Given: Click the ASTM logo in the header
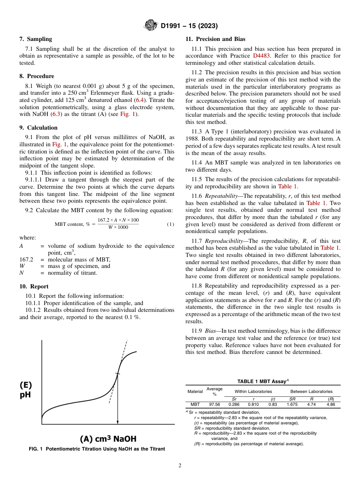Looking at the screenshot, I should pyautogui.click(x=151, y=26).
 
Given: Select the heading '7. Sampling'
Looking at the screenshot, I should pyautogui.click(x=36, y=39).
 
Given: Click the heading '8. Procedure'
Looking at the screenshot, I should pyautogui.click(x=36, y=76).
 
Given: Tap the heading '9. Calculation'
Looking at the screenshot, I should pyautogui.click(x=38, y=128).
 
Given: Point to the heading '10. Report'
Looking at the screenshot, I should pyautogui.click(x=34, y=286).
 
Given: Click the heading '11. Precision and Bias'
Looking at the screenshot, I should pyautogui.click(x=215, y=39).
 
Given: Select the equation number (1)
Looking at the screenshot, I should pyautogui.click(x=171, y=224).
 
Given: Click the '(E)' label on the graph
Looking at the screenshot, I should pyautogui.click(x=26, y=385).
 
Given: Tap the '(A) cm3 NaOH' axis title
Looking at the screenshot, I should pyautogui.click(x=108, y=439).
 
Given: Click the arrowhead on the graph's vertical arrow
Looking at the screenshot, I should pyautogui.click(x=117, y=422).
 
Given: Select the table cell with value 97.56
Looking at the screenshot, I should pyautogui.click(x=214, y=405).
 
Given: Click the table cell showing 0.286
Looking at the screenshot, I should pyautogui.click(x=234, y=405).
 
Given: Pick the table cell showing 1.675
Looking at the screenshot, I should pyautogui.click(x=292, y=405).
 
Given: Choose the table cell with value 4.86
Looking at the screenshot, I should pyautogui.click(x=330, y=405).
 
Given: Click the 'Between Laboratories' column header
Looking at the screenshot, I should pyautogui.click(x=311, y=391).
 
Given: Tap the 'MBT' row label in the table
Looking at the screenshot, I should pyautogui.click(x=195, y=405).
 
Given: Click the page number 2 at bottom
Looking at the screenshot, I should pyautogui.click(x=180, y=466).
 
